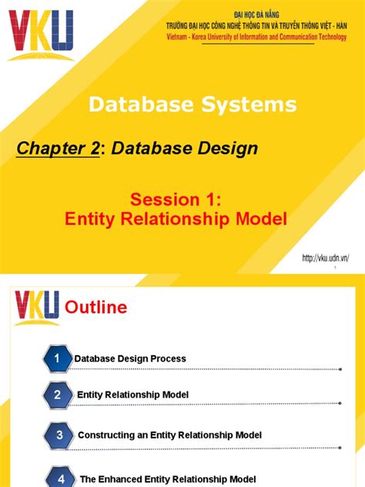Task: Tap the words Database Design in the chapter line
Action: click(x=185, y=149)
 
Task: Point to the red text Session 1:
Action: click(x=182, y=200)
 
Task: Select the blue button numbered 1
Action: click(x=57, y=358)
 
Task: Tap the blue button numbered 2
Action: click(x=57, y=395)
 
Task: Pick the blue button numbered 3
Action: click(x=60, y=435)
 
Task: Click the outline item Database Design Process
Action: click(x=130, y=359)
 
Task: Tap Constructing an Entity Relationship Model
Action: click(x=169, y=435)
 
